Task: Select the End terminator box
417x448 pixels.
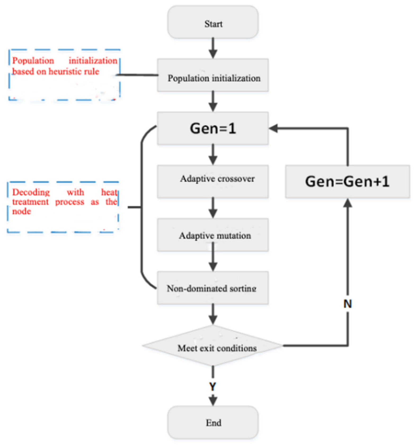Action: point(213,422)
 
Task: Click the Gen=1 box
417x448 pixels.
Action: point(213,128)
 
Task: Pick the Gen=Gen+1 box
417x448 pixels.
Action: point(347,181)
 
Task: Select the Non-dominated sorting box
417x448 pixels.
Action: point(213,288)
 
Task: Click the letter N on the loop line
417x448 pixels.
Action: point(348,304)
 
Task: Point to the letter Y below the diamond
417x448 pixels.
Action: point(213,387)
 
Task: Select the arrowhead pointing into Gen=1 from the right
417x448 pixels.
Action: point(274,128)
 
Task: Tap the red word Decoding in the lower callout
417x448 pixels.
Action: point(31,192)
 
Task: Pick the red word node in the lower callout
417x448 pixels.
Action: point(21,211)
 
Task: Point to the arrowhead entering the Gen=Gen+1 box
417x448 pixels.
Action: point(348,203)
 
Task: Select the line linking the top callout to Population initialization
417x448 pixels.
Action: point(138,75)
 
